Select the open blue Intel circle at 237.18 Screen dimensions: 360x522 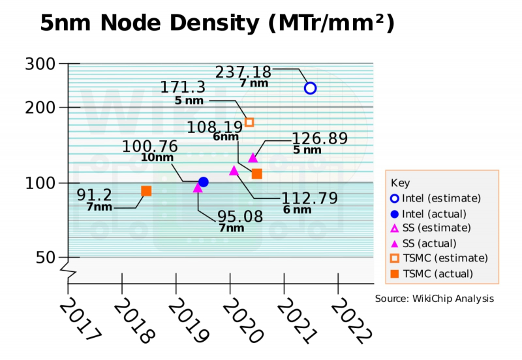[311, 88]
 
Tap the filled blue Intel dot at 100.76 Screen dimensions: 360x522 [203, 182]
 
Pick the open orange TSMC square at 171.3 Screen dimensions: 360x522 [249, 122]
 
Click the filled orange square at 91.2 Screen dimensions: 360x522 [146, 191]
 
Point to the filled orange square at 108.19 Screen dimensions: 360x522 [257, 173]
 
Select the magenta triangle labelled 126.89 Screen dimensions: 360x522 [253, 158]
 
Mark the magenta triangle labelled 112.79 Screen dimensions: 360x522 [234, 171]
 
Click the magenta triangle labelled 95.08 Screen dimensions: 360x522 [198, 188]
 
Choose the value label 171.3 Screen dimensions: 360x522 [184, 87]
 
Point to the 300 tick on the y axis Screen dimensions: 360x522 [44, 64]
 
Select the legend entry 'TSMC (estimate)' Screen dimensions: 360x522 [440, 258]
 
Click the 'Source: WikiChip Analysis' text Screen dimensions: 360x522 [434, 299]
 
